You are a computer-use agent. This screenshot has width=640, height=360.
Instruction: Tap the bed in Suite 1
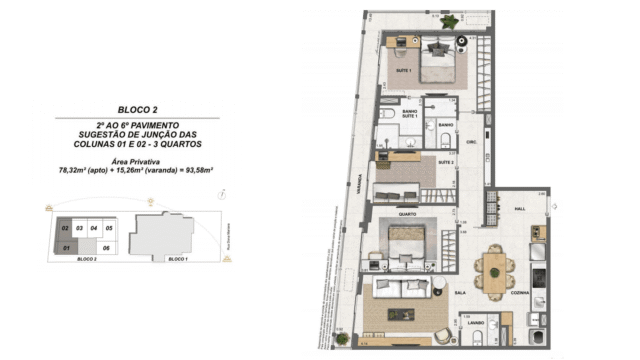(437, 64)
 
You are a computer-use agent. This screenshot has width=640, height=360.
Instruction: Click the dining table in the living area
(496, 269)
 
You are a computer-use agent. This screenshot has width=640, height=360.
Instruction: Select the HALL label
(519, 208)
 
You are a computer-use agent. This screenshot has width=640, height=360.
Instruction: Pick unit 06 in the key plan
(106, 246)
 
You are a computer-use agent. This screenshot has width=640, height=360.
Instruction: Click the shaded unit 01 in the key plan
(66, 246)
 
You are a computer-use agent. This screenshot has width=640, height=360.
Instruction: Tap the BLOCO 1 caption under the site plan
(177, 259)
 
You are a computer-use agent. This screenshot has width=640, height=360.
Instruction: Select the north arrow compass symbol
(228, 196)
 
